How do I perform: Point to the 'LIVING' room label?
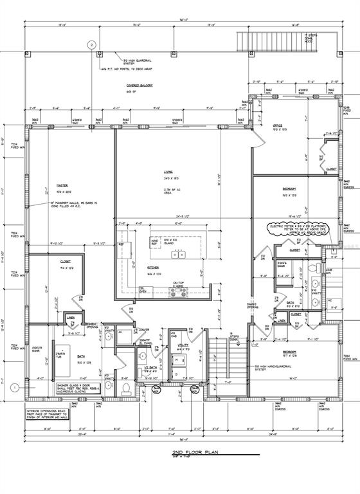[169, 172]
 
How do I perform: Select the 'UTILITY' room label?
[182, 345]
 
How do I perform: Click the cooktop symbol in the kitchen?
[177, 292]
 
